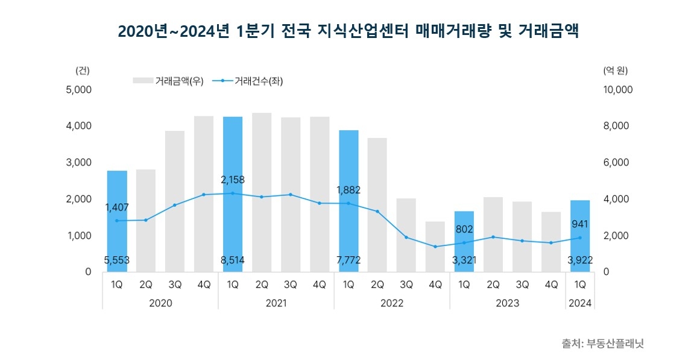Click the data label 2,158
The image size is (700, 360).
click(x=233, y=180)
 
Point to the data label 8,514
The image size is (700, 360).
click(x=233, y=261)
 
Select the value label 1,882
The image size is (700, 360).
click(x=348, y=190)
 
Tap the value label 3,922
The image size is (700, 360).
click(x=580, y=261)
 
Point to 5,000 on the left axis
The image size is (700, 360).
click(x=78, y=90)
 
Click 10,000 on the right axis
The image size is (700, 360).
click(x=618, y=90)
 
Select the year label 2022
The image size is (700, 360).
click(x=392, y=303)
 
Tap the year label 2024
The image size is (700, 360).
click(x=580, y=303)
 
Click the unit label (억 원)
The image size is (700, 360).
click(x=616, y=70)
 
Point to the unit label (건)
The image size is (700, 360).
click(x=82, y=70)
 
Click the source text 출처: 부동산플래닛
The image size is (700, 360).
click(x=602, y=344)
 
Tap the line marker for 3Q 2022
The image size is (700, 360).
click(x=406, y=237)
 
